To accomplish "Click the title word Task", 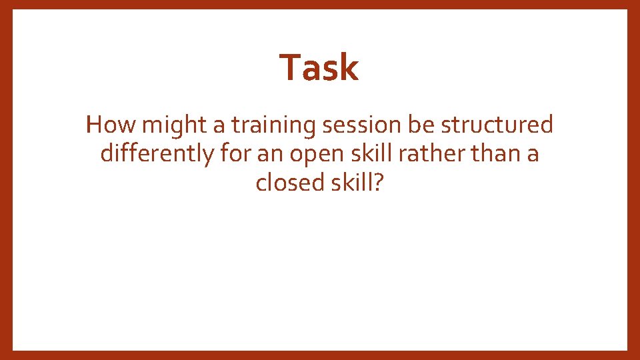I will click(x=319, y=67).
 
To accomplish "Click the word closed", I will click(x=290, y=182).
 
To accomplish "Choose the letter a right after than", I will click(x=533, y=154).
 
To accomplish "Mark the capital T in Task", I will click(x=289, y=67).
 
